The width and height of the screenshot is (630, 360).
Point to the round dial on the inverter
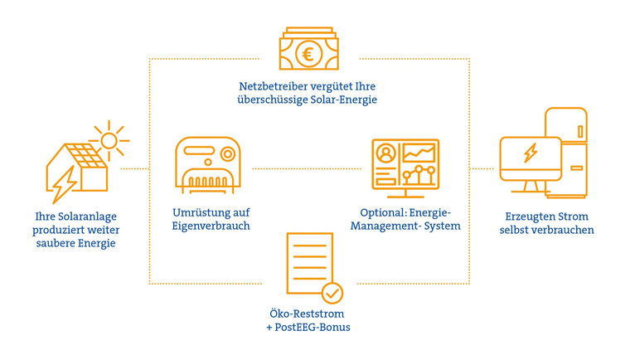click(226, 153)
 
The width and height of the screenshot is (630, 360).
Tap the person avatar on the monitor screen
click(385, 154)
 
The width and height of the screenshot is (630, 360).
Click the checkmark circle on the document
click(332, 292)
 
